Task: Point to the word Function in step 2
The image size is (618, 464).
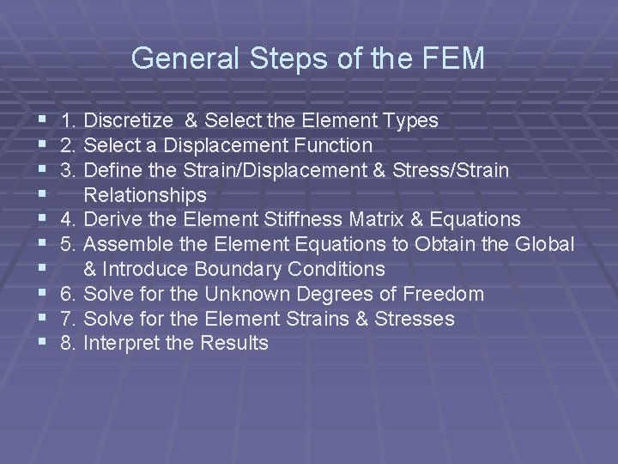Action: coord(332,146)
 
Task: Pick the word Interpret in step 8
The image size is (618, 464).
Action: coord(118,344)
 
